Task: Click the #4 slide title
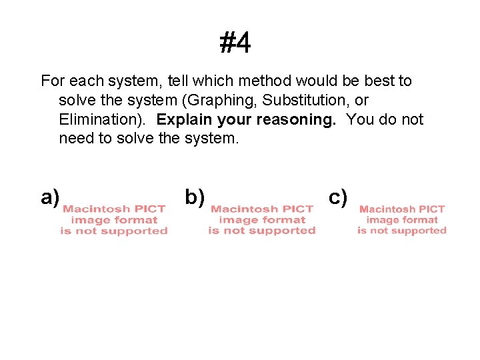pyautogui.click(x=235, y=44)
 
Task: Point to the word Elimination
pyautogui.click(x=97, y=120)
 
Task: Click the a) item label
pyautogui.click(x=51, y=197)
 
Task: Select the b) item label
pyautogui.click(x=195, y=197)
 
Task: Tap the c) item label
pyautogui.click(x=339, y=197)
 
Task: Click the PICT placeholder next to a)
pyautogui.click(x=114, y=220)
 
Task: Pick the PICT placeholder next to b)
pyautogui.click(x=262, y=220)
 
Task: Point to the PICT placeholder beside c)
pyautogui.click(x=402, y=220)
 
